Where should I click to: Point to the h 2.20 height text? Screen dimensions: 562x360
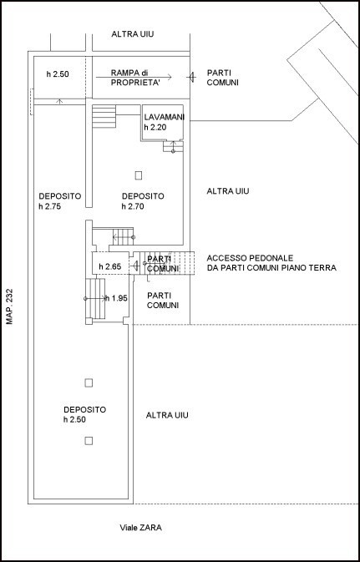click(x=156, y=128)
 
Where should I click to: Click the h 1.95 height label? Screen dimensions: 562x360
click(x=117, y=298)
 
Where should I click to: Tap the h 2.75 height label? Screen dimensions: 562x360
click(x=51, y=207)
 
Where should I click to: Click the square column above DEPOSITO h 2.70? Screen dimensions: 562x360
click(x=139, y=175)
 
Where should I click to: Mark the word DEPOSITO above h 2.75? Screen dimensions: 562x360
click(x=59, y=196)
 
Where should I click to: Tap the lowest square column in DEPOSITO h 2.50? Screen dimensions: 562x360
click(x=89, y=440)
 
